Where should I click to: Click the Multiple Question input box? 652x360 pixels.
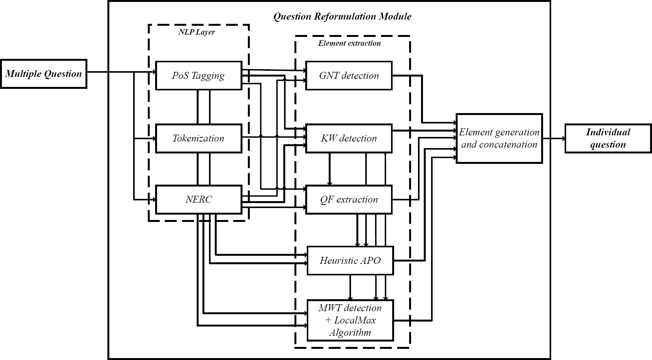coord(43,74)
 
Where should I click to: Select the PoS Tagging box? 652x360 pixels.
coord(199,75)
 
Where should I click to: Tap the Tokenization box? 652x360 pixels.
coord(199,138)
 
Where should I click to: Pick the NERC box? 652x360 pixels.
coord(199,199)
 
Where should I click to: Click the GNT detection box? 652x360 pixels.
coord(349,75)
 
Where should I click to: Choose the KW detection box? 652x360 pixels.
coord(349,138)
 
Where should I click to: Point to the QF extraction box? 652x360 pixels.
coord(349,199)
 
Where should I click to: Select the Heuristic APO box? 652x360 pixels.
coord(350,260)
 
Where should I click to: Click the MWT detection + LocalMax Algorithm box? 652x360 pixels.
coord(350,320)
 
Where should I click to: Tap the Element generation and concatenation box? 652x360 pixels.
coord(499,138)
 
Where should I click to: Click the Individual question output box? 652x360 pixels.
coord(608,138)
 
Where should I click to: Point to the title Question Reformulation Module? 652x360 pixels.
coord(342,16)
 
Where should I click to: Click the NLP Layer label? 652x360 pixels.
coord(196,32)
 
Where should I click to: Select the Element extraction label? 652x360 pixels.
coord(349,43)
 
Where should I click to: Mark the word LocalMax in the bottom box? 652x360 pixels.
coord(355,320)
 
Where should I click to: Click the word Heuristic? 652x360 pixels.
coord(338,260)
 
